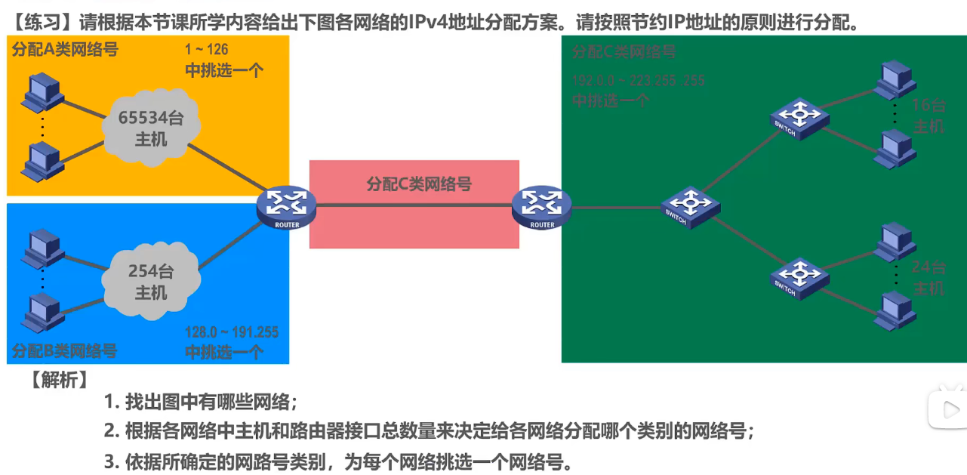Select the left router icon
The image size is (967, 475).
pos(286,206)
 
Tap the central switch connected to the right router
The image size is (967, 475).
pos(690,205)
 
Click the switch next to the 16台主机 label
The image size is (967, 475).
pos(799,118)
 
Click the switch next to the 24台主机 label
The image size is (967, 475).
pos(799,276)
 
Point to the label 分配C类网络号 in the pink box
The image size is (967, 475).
pos(419,184)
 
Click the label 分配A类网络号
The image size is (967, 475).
pos(65,50)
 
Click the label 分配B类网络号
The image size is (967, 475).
pos(65,350)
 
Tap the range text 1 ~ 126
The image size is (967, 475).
pos(206,51)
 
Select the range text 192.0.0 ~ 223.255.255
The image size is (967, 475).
pos(638,80)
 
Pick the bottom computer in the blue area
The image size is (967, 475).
pos(42,313)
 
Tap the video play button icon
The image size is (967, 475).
pos(947,410)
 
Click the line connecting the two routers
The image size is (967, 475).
pos(414,205)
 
